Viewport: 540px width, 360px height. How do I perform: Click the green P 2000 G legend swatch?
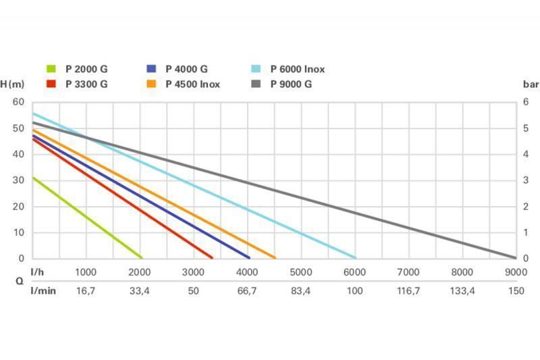pos(51,69)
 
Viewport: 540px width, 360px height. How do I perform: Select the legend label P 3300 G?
pos(86,84)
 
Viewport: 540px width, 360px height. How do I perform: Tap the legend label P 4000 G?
pos(187,69)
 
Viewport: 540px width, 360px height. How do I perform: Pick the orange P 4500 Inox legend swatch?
pos(151,84)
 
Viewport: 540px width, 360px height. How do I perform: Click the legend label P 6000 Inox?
pos(298,69)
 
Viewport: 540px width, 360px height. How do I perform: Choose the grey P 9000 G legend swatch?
pos(256,84)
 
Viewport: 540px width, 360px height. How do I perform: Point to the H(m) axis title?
pos(12,84)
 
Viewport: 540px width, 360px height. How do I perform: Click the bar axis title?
pos(531,84)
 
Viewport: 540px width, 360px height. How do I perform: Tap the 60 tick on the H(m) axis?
pos(19,102)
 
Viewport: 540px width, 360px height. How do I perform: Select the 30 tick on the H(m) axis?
pos(19,180)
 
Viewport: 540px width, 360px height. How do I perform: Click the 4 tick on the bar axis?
pos(526,154)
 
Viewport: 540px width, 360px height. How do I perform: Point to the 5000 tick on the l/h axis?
pos(301,272)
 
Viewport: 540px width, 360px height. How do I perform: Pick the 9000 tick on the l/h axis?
pos(516,272)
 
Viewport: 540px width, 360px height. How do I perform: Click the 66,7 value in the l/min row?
pos(247,290)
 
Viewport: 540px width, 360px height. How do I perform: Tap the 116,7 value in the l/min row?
pos(408,290)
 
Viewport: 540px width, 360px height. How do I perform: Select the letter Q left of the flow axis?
pos(20,281)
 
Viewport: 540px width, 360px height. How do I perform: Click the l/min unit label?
pos(43,290)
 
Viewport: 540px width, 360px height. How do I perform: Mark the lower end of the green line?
pos(142,257)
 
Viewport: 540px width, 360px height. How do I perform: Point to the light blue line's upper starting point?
pos(33,113)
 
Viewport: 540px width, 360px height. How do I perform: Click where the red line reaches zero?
pos(212,257)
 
